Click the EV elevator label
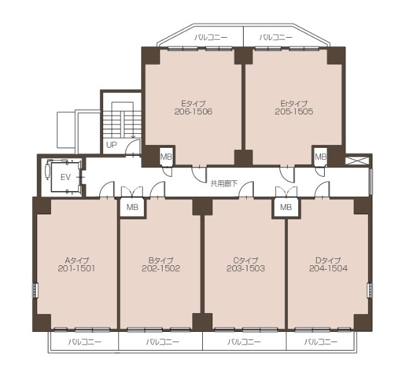click(65, 177)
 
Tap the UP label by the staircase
click(112, 145)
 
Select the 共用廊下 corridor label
click(224, 184)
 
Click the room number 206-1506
click(193, 112)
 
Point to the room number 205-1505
click(294, 112)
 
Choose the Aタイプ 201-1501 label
click(77, 265)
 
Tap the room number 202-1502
click(161, 268)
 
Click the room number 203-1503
click(246, 268)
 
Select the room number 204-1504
click(329, 268)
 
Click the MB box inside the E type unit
click(166, 156)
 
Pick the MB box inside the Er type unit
click(320, 156)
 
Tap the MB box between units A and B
click(133, 207)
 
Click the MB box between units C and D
click(286, 207)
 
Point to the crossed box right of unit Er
click(357, 161)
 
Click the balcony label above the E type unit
click(210, 38)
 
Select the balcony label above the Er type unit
click(276, 38)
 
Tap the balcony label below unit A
click(85, 342)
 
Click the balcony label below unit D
click(321, 342)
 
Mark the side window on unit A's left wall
click(35, 290)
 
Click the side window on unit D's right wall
click(369, 290)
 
